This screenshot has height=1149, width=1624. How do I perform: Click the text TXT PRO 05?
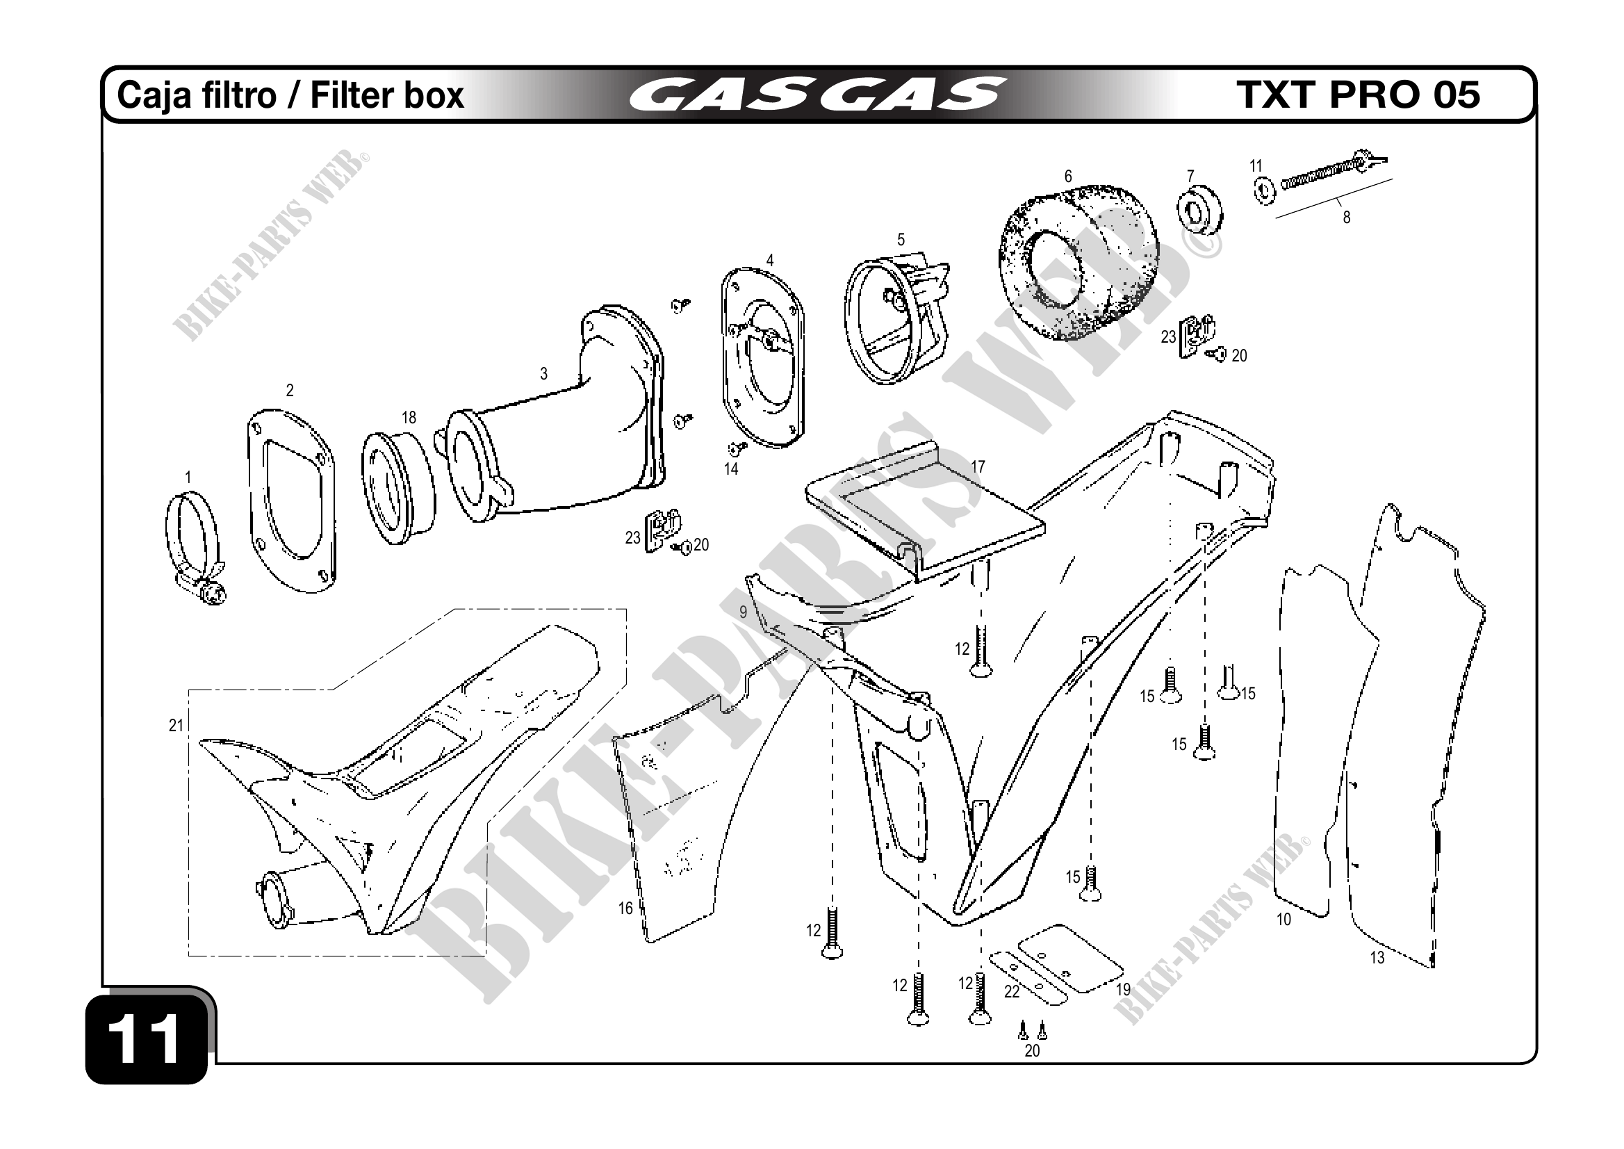(1359, 95)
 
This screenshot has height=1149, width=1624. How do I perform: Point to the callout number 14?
(730, 469)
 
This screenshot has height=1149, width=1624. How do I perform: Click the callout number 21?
(176, 725)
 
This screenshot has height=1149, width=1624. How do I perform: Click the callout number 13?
(1377, 958)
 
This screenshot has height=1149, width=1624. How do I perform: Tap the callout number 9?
(743, 612)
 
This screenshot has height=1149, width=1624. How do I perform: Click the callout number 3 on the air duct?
(543, 374)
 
